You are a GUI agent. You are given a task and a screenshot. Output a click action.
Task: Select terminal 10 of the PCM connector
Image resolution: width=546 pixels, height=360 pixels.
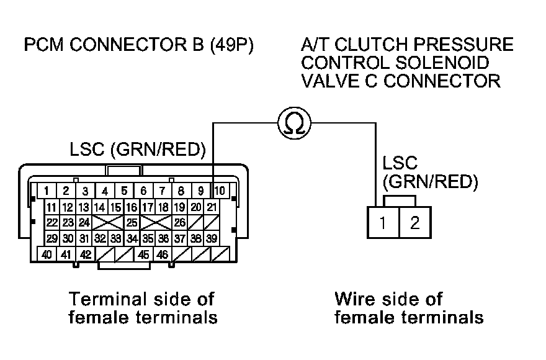(220, 191)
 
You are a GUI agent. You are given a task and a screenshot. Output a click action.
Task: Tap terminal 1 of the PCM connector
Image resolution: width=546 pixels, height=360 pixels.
(47, 191)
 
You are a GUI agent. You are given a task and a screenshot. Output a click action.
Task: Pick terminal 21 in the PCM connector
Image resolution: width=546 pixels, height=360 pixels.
(212, 207)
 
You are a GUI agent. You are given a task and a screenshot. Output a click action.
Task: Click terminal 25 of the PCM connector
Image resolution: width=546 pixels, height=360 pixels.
(131, 222)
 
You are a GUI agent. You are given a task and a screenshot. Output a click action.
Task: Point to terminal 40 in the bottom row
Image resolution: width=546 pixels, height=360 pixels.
(47, 254)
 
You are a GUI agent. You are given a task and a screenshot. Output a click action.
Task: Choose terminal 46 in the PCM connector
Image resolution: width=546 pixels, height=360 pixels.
(162, 254)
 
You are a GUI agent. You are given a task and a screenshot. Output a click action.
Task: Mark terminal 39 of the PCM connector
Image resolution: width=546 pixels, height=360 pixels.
(212, 238)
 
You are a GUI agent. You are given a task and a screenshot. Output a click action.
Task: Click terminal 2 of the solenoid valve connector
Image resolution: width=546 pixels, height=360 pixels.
(414, 222)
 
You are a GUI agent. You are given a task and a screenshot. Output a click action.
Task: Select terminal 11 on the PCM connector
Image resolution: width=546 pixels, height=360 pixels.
(52, 207)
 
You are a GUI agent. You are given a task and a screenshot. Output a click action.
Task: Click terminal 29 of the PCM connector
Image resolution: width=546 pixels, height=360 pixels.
(52, 238)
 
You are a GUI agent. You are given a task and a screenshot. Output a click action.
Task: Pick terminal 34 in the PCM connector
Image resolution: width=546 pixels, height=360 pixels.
(132, 238)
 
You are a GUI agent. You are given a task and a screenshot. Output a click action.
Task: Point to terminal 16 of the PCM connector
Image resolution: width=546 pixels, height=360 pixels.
(132, 207)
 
